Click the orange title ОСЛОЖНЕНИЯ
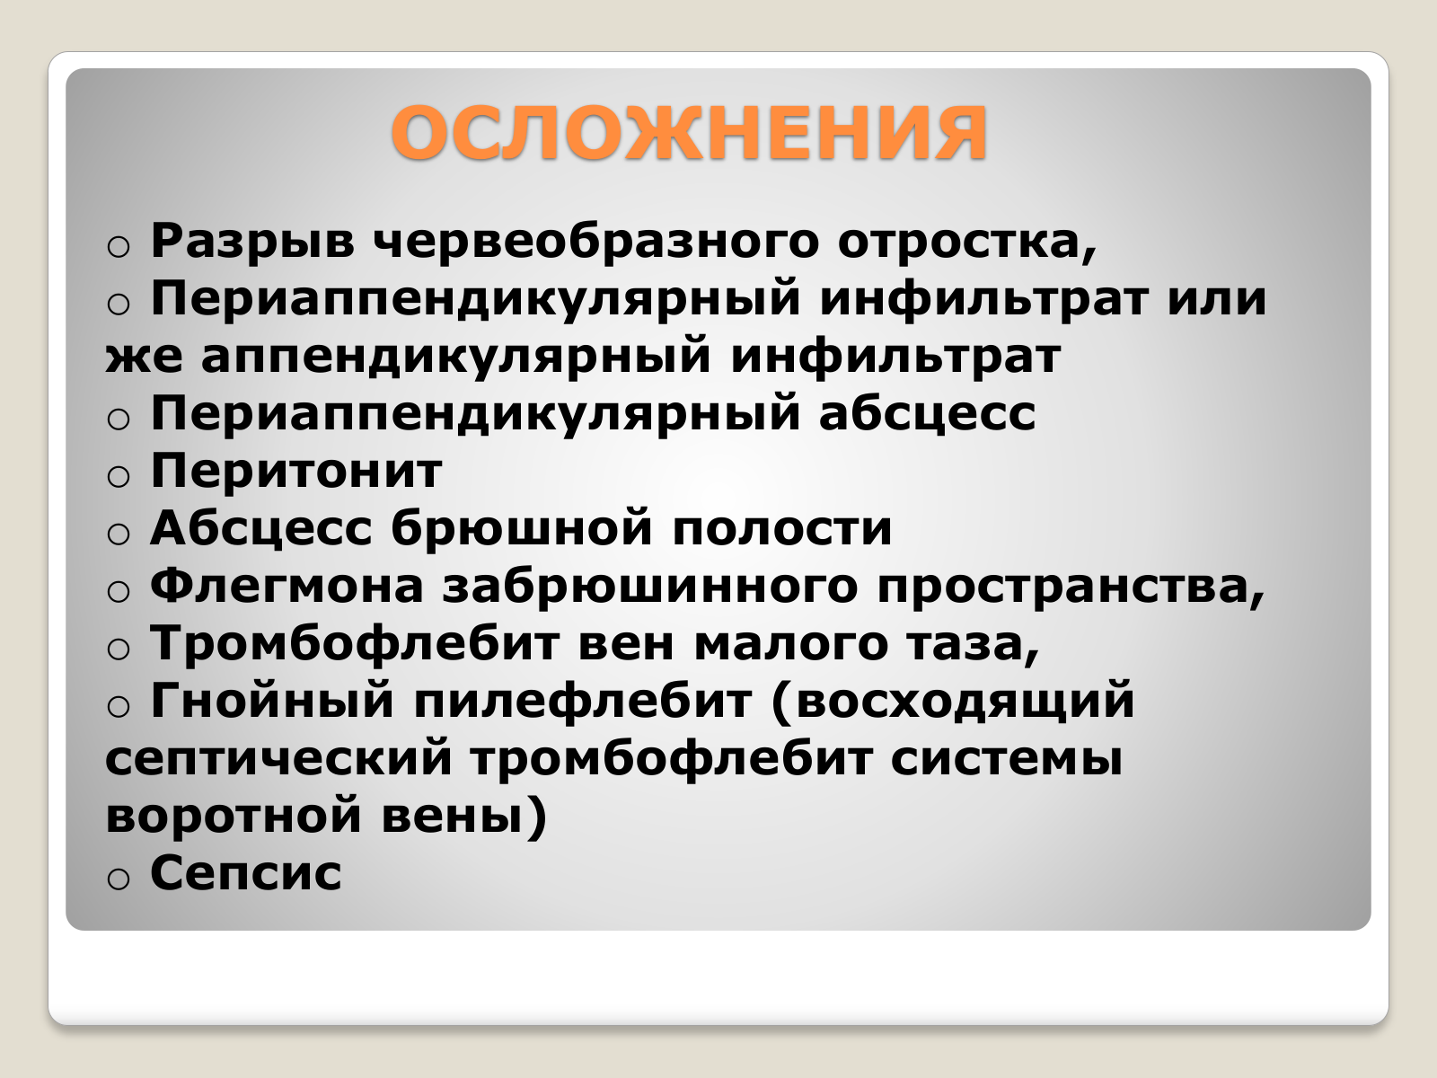[690, 133]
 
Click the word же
[144, 358]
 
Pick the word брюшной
[522, 527]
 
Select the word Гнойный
[272, 701]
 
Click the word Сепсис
[245, 873]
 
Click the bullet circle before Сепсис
[118, 878]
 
